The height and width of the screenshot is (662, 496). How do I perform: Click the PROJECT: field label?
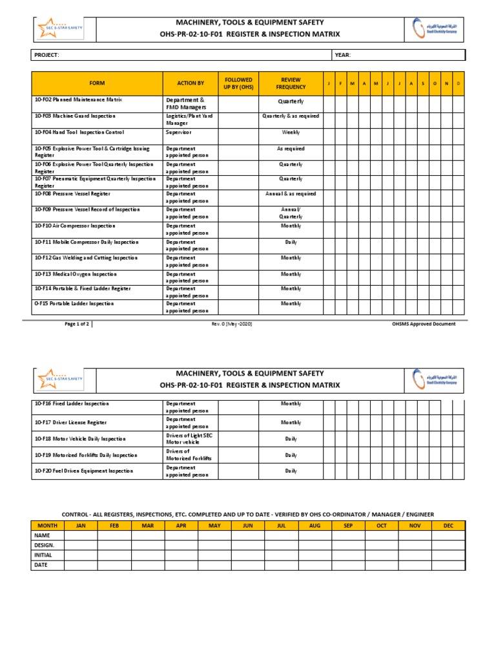46,56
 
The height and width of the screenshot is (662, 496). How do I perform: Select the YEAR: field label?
343,56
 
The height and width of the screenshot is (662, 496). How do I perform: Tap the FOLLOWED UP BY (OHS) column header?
238,83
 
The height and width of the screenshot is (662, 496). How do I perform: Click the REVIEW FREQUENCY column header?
291,83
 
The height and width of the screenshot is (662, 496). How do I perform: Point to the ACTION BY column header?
191,83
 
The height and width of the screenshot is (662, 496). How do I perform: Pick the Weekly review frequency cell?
291,133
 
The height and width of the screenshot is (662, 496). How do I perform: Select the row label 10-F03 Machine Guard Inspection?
75,116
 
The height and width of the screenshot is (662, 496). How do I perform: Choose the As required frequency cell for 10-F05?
291,149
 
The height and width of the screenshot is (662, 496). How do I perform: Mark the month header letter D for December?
458,83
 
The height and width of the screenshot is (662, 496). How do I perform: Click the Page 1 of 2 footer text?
78,324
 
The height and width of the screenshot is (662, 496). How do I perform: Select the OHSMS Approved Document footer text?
423,324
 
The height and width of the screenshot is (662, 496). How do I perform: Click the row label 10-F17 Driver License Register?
70,423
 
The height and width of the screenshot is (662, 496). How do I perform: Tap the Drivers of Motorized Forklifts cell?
189,455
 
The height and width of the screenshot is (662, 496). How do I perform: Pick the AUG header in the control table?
315,526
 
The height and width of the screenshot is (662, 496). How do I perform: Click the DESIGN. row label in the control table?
44,545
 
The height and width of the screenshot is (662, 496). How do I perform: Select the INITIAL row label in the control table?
43,555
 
